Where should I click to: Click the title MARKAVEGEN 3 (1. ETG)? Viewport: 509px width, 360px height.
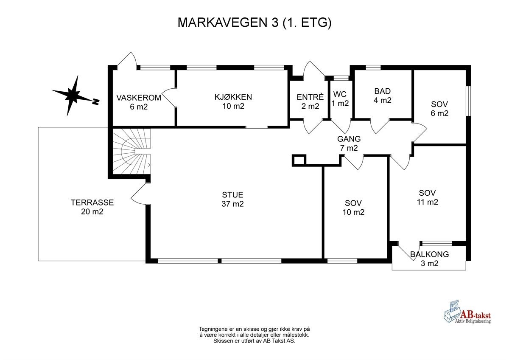click(254, 22)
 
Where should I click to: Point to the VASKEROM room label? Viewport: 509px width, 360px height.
click(139, 102)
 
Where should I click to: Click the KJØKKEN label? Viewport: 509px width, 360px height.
click(233, 101)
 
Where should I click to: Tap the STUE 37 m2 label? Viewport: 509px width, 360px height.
click(232, 200)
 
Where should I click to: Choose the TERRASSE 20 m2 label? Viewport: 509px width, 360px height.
click(92, 207)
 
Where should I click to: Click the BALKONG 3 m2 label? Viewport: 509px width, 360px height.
click(429, 259)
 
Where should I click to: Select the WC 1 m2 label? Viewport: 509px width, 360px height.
click(341, 98)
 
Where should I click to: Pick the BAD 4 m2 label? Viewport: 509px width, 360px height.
click(382, 96)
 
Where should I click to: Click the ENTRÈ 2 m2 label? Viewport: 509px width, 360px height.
click(310, 101)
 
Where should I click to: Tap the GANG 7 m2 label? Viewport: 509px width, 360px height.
click(349, 143)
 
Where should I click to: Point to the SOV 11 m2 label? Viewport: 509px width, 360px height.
click(427, 197)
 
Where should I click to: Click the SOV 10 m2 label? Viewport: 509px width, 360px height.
click(353, 208)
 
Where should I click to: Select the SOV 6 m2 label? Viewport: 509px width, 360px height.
click(439, 109)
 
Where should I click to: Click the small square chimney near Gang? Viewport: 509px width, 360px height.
click(299, 160)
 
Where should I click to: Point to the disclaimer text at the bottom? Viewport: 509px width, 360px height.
click(254, 335)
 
